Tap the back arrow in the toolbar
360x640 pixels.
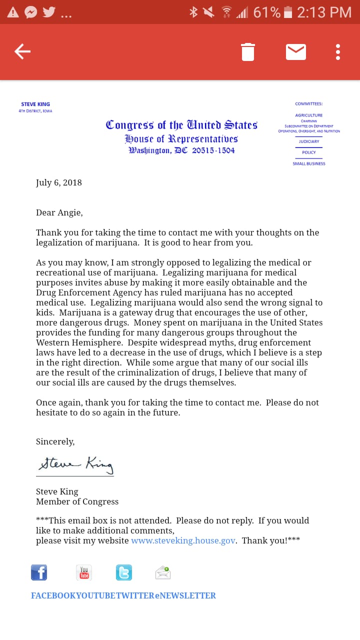(x=22, y=51)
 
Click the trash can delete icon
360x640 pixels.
(x=248, y=52)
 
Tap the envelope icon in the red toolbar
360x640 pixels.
(x=296, y=52)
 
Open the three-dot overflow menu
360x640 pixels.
(x=338, y=52)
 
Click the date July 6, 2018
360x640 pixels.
(x=59, y=182)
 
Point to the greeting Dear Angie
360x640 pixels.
(x=59, y=212)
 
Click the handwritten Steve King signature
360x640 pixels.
(x=75, y=464)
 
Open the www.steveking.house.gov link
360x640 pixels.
(x=183, y=540)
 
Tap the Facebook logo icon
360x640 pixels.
(x=39, y=572)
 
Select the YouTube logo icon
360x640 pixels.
(x=84, y=572)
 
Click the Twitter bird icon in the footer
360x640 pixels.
(x=124, y=572)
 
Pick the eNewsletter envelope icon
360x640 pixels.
(x=163, y=572)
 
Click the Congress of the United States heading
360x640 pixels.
(x=181, y=125)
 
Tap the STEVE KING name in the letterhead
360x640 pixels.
(x=35, y=104)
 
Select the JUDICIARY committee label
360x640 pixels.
(x=309, y=141)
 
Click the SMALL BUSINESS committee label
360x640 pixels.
(x=309, y=163)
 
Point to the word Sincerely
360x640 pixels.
(x=55, y=441)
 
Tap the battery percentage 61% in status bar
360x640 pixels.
(x=266, y=12)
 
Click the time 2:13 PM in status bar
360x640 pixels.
(x=324, y=12)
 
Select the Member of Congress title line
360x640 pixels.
(x=77, y=501)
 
